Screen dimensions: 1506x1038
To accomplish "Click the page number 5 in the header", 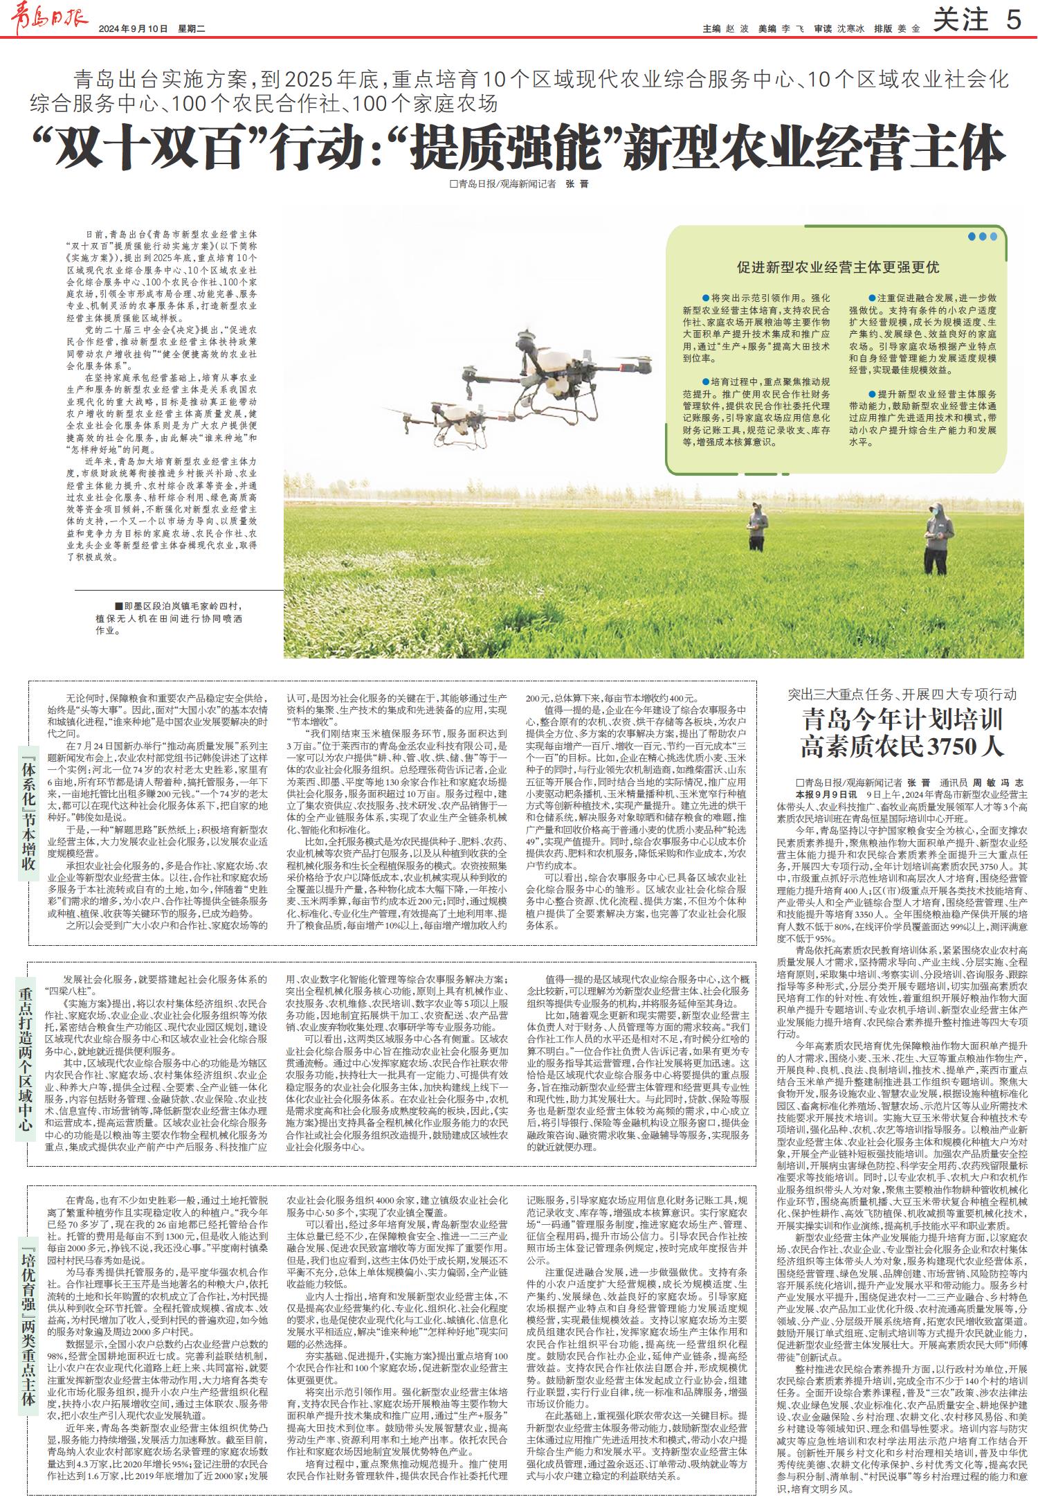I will click(x=1013, y=21).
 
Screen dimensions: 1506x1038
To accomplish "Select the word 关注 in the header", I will click(x=960, y=21).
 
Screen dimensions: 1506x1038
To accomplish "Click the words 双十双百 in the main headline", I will click(x=153, y=146).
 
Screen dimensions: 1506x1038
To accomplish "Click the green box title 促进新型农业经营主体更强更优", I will click(x=838, y=267).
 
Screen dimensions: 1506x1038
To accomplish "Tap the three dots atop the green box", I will click(x=983, y=236).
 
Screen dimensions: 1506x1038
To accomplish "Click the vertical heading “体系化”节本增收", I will click(x=26, y=810).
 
